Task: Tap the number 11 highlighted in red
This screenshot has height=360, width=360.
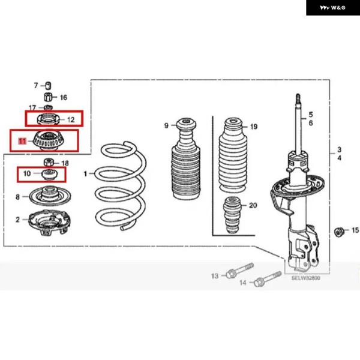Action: click(x=22, y=141)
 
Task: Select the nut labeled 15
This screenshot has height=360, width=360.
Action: click(x=339, y=232)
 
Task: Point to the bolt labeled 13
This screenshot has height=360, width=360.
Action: click(x=239, y=271)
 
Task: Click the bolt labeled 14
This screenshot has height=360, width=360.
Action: click(x=268, y=279)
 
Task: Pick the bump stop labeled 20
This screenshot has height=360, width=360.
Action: click(x=232, y=215)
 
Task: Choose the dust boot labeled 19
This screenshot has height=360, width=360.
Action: click(x=233, y=155)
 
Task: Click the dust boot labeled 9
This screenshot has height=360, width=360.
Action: click(x=186, y=158)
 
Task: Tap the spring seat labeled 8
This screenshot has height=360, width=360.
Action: click(x=50, y=197)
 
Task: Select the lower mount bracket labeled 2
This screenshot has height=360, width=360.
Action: click(x=49, y=222)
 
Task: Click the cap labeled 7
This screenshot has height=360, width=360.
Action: click(x=48, y=85)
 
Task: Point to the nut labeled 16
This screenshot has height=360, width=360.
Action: click(x=48, y=97)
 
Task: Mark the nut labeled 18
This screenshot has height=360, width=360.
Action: click(x=49, y=163)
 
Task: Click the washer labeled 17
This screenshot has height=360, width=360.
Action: click(x=48, y=107)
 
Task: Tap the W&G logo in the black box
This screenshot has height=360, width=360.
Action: click(x=332, y=8)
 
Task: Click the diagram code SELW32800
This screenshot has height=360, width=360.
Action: click(x=305, y=278)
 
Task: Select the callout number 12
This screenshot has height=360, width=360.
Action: click(x=71, y=119)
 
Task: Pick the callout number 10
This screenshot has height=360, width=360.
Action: click(x=27, y=173)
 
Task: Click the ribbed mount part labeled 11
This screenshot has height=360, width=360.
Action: click(x=49, y=140)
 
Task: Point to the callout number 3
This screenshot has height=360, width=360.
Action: click(x=339, y=149)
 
